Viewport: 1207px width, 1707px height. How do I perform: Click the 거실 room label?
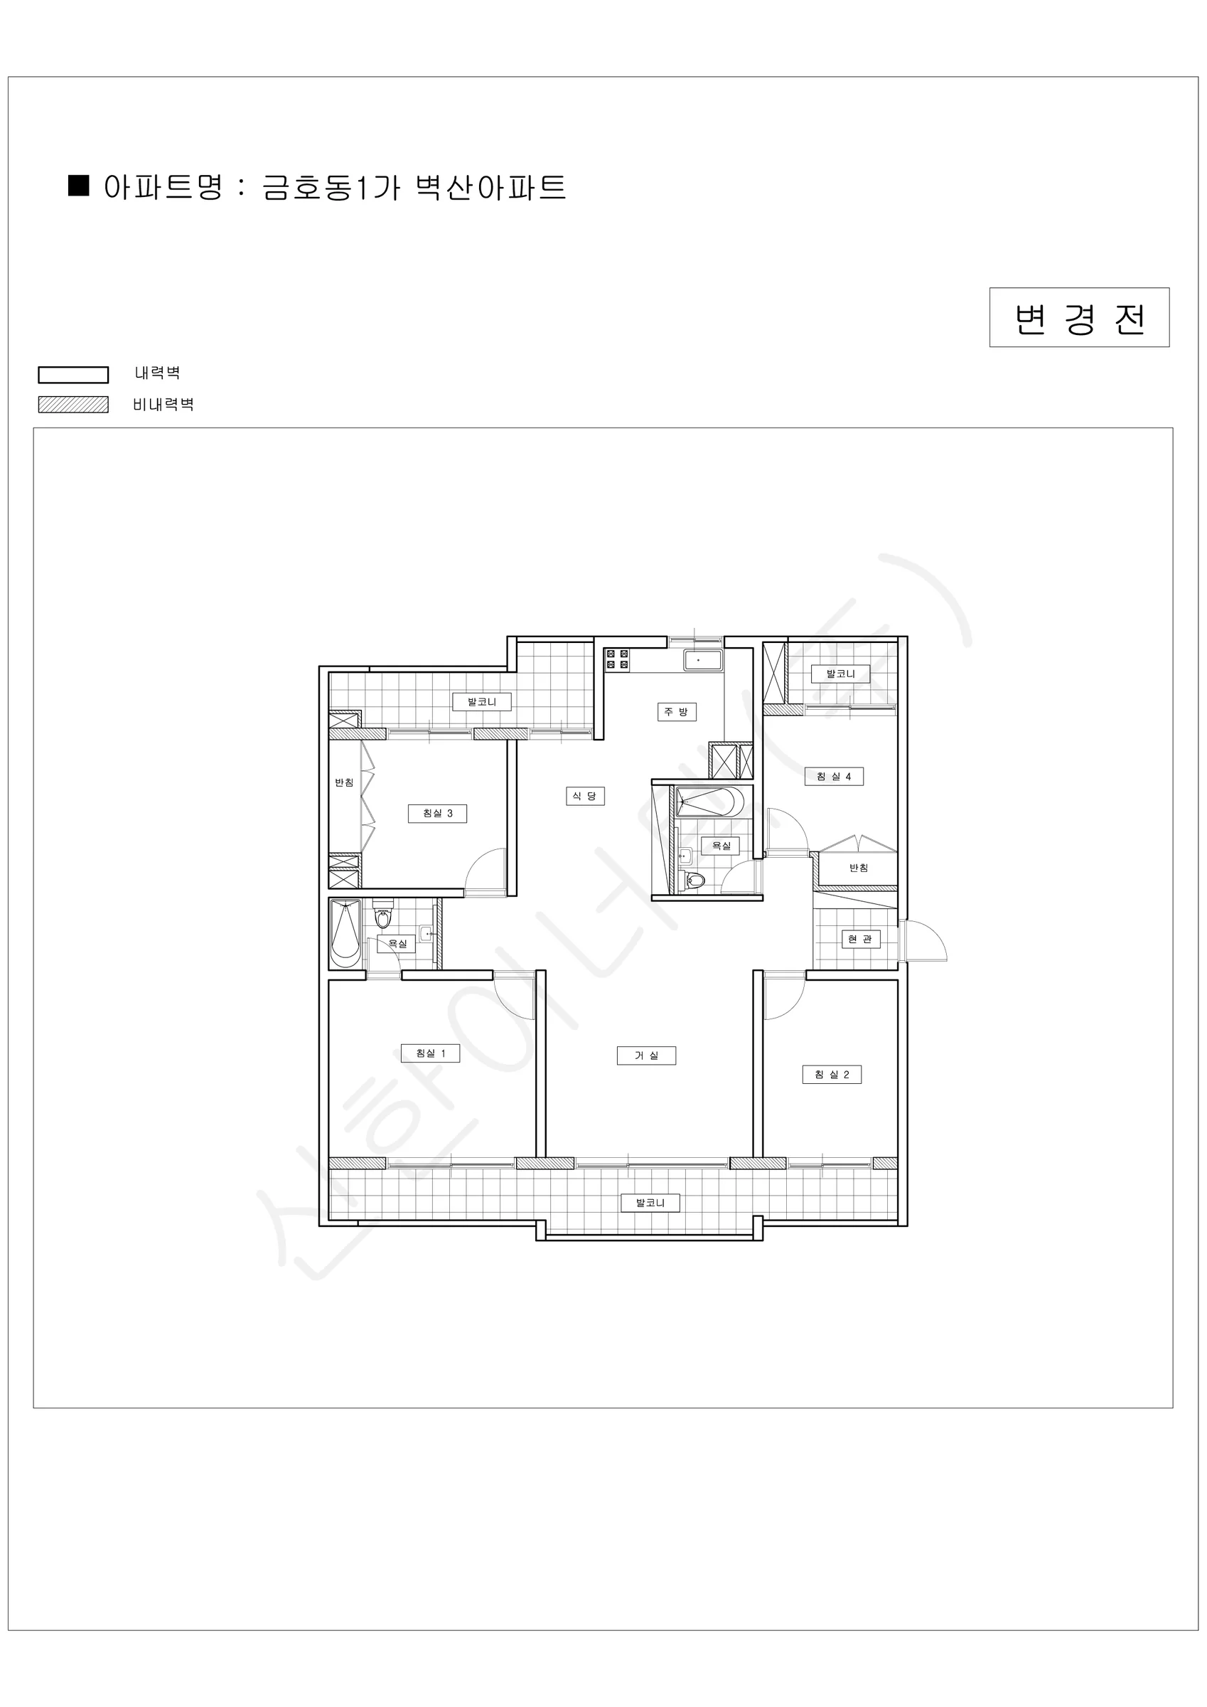(x=646, y=1055)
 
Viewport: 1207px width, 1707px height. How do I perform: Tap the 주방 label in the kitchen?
(x=675, y=711)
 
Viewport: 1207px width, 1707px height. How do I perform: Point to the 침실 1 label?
(x=429, y=1053)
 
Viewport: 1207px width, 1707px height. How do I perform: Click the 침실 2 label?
(x=832, y=1074)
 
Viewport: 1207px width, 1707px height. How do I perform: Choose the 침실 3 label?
(x=437, y=814)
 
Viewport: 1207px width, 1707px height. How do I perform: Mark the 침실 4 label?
(x=834, y=776)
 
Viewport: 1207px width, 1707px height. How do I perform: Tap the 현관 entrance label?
(x=860, y=939)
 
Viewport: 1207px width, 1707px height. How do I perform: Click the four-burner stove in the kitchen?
(x=617, y=659)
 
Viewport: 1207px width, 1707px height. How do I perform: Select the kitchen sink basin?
(x=702, y=659)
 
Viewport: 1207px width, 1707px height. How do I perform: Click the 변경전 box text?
(x=1079, y=318)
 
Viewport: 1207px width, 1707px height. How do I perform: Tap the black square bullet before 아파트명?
(x=78, y=185)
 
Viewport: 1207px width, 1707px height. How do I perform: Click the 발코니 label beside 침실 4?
(x=841, y=674)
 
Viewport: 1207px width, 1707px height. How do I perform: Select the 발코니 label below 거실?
(x=650, y=1202)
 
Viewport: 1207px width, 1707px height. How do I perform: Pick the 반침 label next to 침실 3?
(x=344, y=782)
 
